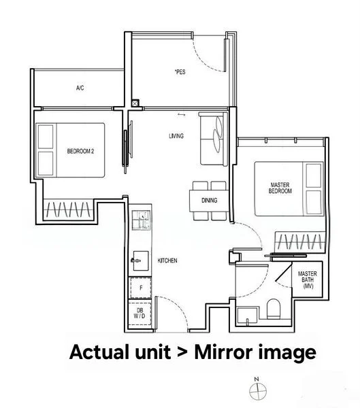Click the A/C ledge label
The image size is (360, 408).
pyautogui.click(x=80, y=88)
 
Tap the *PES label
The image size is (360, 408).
pyautogui.click(x=180, y=71)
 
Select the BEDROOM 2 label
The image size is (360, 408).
pyautogui.click(x=80, y=150)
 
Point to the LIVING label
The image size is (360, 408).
pyautogui.click(x=176, y=137)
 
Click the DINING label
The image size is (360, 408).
pyautogui.click(x=209, y=201)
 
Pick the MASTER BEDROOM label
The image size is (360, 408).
pyautogui.click(x=280, y=188)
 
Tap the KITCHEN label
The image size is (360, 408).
pyautogui.click(x=168, y=261)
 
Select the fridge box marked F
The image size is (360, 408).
pyautogui.click(x=140, y=288)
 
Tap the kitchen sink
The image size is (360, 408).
pyautogui.click(x=140, y=259)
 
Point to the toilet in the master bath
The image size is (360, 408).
pyautogui.click(x=272, y=309)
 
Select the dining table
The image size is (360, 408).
pyautogui.click(x=209, y=201)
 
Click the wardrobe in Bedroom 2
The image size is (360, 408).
pyautogui.click(x=68, y=209)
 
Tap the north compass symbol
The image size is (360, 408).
pyautogui.click(x=257, y=390)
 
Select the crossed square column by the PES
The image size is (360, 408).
pyautogui.click(x=135, y=104)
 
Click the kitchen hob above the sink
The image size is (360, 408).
pyautogui.click(x=140, y=220)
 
